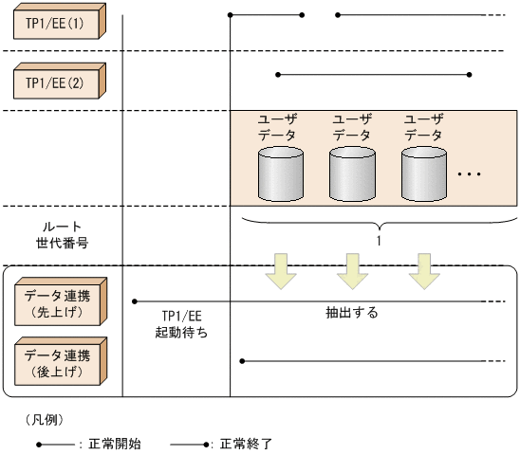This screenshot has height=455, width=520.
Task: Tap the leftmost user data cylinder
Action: click(x=281, y=173)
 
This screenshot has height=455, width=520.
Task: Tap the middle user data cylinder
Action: click(x=352, y=173)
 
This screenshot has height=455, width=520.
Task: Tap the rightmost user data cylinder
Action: click(x=423, y=173)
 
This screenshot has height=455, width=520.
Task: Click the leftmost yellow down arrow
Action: click(x=281, y=269)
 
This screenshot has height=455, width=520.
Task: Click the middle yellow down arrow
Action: click(x=352, y=269)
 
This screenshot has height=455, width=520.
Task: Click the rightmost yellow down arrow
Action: click(x=423, y=269)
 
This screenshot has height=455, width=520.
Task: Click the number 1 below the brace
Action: click(x=379, y=241)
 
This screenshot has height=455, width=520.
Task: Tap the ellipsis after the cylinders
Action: click(x=470, y=176)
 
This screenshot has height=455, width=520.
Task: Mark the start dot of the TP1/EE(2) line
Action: click(x=277, y=74)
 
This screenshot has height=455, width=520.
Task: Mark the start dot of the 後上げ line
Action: click(x=243, y=361)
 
